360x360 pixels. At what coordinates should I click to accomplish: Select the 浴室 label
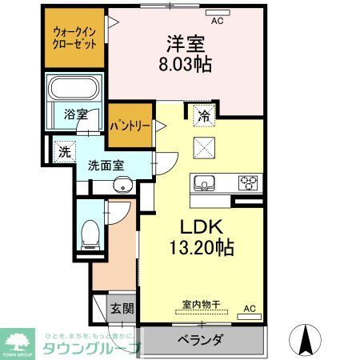pyautogui.click(x=76, y=114)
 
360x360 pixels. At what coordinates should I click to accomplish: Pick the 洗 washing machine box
pyautogui.click(x=63, y=149)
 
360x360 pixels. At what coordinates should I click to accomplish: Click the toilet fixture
pyautogui.click(x=90, y=232)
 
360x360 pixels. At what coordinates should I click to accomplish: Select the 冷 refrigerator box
pyautogui.click(x=203, y=115)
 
